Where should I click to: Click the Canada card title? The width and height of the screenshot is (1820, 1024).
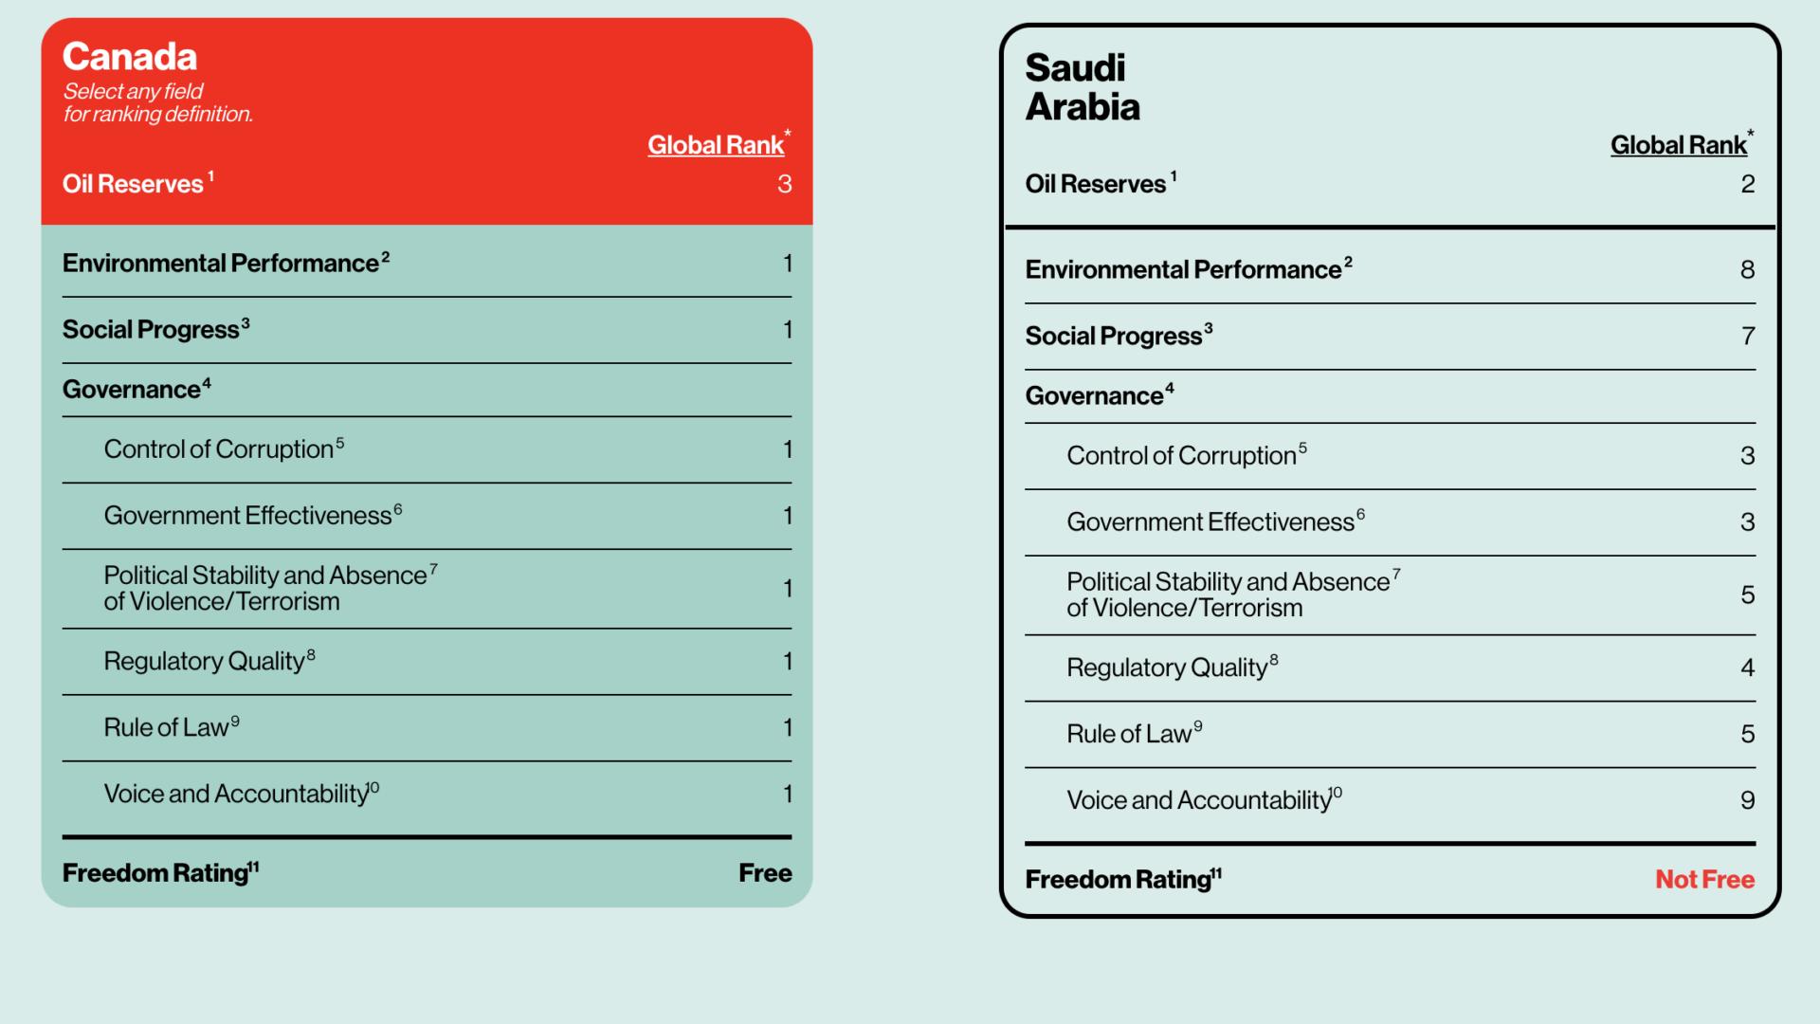[x=130, y=57]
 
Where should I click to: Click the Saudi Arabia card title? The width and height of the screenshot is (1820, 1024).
[x=1082, y=87]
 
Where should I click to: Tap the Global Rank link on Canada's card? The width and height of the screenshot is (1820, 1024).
[x=716, y=145]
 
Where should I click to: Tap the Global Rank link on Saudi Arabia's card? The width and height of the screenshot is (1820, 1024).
[x=1678, y=145]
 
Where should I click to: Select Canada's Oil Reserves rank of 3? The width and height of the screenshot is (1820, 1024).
[x=784, y=184]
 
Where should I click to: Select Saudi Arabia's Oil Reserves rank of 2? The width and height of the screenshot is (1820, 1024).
[x=1747, y=184]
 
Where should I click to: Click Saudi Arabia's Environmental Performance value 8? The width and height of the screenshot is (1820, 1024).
[x=1747, y=270]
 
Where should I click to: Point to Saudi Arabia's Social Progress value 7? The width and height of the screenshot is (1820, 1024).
[x=1748, y=336]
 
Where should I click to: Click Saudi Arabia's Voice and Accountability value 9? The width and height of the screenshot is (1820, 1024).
[x=1747, y=800]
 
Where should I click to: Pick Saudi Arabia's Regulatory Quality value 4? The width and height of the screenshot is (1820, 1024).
[x=1747, y=667]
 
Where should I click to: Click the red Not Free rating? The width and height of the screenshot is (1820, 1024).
[x=1704, y=880]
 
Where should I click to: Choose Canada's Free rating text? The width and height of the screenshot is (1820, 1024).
[x=765, y=873]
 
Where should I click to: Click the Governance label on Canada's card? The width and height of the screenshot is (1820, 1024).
[x=132, y=390]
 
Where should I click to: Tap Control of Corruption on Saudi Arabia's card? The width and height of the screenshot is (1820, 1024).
[x=1181, y=456]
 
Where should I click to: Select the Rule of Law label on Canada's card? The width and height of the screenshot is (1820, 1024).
[x=167, y=728]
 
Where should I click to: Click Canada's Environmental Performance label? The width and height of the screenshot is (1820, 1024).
[x=221, y=264]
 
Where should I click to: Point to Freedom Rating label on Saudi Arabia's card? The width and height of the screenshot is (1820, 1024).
[x=1119, y=880]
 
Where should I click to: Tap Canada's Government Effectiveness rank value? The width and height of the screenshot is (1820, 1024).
[x=787, y=516]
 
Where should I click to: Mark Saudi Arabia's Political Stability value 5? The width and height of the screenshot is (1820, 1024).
[x=1747, y=594]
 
